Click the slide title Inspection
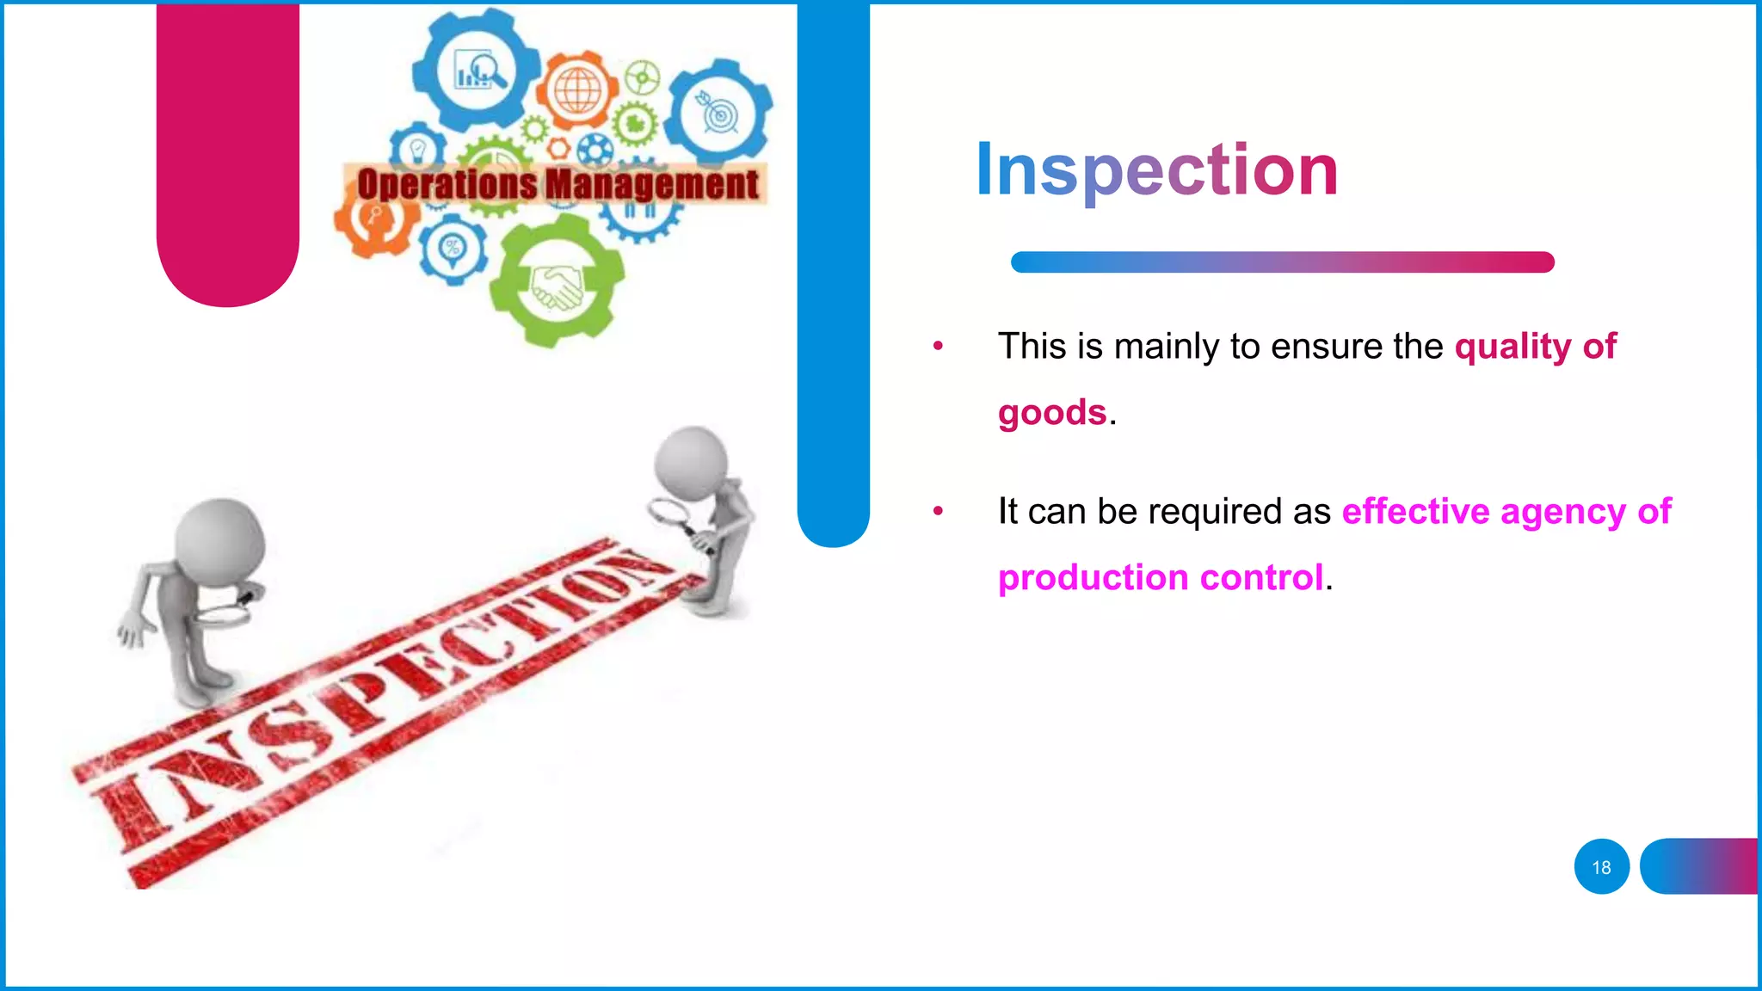[x=1156, y=170]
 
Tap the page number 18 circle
[x=1601, y=867]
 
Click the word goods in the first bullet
[x=1051, y=413]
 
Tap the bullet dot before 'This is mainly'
[x=938, y=347]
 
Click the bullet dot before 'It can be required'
[x=938, y=512]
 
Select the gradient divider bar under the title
[x=1282, y=262]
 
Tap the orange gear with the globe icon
[x=578, y=90]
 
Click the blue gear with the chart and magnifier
[x=476, y=69]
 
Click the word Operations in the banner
[x=447, y=185]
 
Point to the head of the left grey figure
[x=219, y=542]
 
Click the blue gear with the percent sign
[x=452, y=249]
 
